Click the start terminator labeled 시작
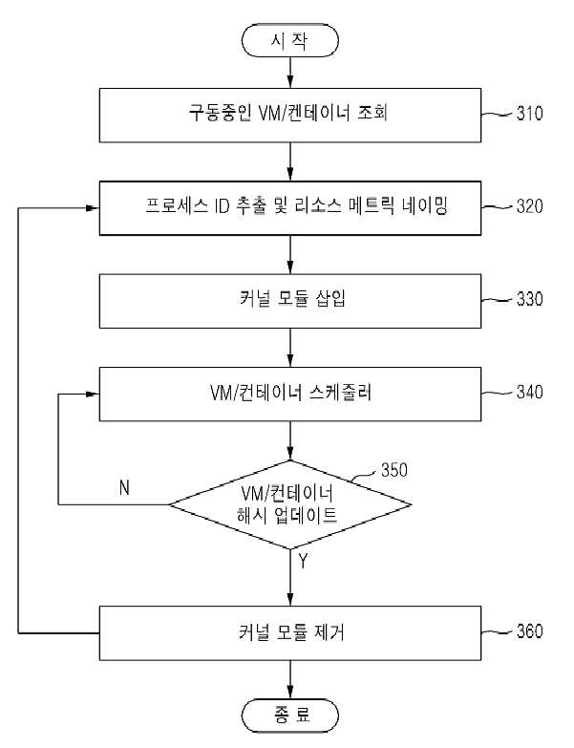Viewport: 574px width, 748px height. click(x=289, y=40)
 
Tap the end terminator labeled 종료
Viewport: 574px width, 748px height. click(x=289, y=716)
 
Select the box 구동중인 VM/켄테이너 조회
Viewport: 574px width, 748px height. click(x=289, y=115)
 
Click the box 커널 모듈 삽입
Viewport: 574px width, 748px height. click(x=289, y=301)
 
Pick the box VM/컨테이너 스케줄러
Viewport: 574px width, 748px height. click(x=289, y=394)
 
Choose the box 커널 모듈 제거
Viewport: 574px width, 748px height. click(x=289, y=633)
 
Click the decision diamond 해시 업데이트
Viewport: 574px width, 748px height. click(x=289, y=504)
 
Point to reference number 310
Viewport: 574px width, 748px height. click(x=530, y=114)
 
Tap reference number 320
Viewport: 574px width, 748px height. click(x=530, y=206)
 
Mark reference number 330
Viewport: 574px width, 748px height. click(x=530, y=299)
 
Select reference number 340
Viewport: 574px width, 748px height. click(x=530, y=392)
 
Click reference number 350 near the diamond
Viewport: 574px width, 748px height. click(x=394, y=470)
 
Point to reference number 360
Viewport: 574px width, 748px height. click(x=530, y=631)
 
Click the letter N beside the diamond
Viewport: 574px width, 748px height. click(x=124, y=487)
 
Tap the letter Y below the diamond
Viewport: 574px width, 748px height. click(x=303, y=561)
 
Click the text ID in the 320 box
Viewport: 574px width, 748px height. click(x=222, y=206)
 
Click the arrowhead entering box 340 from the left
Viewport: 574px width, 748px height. click(x=93, y=394)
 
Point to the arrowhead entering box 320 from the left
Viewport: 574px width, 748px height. click(x=93, y=208)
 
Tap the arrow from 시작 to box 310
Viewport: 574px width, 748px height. click(x=289, y=73)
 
